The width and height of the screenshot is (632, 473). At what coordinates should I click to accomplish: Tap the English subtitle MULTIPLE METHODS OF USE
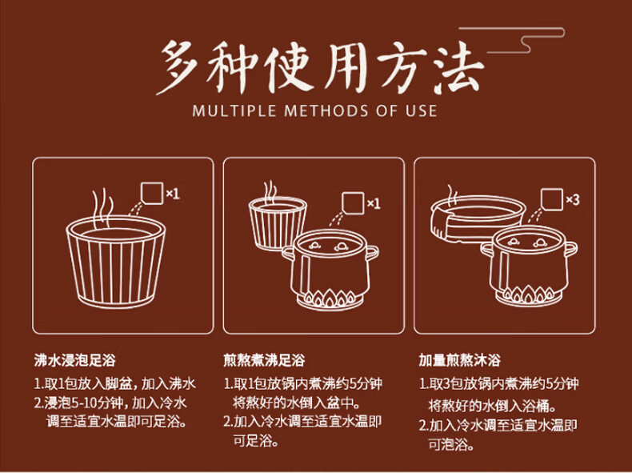(314, 111)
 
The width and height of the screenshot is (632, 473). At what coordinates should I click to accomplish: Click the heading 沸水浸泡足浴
(75, 360)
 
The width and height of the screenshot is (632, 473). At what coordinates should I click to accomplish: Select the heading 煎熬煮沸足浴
(265, 360)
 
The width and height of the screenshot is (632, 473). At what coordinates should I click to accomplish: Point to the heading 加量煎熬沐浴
(459, 360)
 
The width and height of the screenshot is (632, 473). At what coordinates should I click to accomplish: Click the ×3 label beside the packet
(573, 199)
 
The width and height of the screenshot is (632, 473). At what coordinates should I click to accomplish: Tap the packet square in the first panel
(152, 193)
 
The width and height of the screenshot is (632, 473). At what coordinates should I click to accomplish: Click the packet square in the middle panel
(353, 203)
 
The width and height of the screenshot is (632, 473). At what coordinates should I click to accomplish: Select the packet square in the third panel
(551, 199)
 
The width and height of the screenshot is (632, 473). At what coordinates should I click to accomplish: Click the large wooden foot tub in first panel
(116, 263)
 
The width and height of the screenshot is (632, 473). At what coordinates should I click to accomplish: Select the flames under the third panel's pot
(528, 295)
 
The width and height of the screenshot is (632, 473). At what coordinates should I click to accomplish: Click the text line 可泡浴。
(451, 445)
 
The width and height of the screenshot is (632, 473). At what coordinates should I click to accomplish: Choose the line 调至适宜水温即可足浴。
(117, 422)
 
